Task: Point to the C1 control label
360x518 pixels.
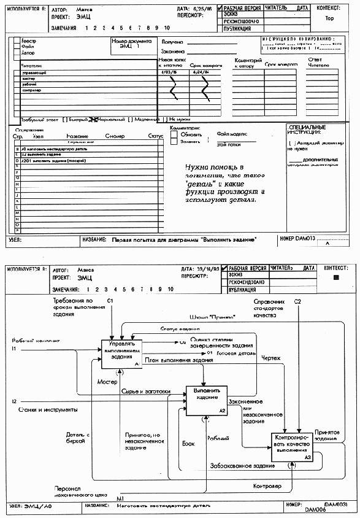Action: pos(112,300)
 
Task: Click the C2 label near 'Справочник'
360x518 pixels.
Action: pos(297,301)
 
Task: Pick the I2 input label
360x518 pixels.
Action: pos(14,401)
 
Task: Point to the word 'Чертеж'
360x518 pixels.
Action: pos(271,358)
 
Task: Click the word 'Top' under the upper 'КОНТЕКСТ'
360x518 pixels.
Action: pos(329,18)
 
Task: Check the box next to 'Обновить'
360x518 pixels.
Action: pos(174,134)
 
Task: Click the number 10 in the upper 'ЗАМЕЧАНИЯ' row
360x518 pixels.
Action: pos(167,28)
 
